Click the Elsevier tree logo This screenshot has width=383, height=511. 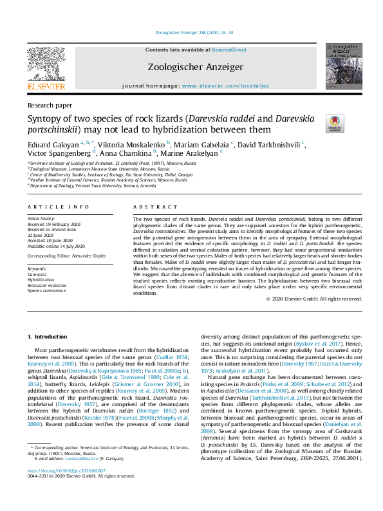46,64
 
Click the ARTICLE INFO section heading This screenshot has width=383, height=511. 58,207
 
